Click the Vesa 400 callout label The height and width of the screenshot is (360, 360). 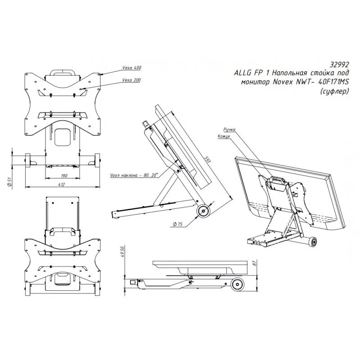pos(132,68)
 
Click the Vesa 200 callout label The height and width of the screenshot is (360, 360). pos(131,80)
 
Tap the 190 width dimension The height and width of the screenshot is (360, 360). pos(64,175)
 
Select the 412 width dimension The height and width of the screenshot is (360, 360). pos(62,184)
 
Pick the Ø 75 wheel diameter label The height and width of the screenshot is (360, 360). pos(177,224)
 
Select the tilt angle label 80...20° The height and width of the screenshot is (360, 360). pos(134,175)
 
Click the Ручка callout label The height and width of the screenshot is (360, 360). pos(229,130)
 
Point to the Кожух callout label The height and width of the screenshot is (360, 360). pos(224,136)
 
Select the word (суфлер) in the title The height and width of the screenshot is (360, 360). pos(334,91)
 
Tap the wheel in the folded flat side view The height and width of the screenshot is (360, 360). pos(237,285)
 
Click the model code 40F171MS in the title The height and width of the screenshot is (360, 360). pos(333,82)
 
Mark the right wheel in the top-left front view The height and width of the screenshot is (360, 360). pos(97,160)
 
